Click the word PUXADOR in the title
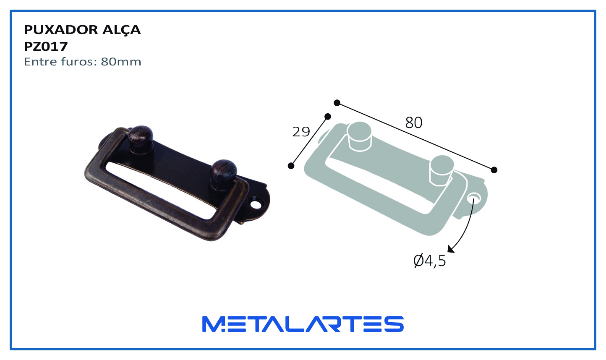pyautogui.click(x=61, y=30)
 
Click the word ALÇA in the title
pyautogui.click(x=121, y=30)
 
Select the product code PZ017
pyautogui.click(x=46, y=47)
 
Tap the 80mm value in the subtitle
pyautogui.click(x=121, y=62)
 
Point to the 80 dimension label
pyautogui.click(x=413, y=123)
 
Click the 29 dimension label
pyautogui.click(x=301, y=132)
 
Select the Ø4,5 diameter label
pyautogui.click(x=430, y=261)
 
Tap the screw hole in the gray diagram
pyautogui.click(x=474, y=198)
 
